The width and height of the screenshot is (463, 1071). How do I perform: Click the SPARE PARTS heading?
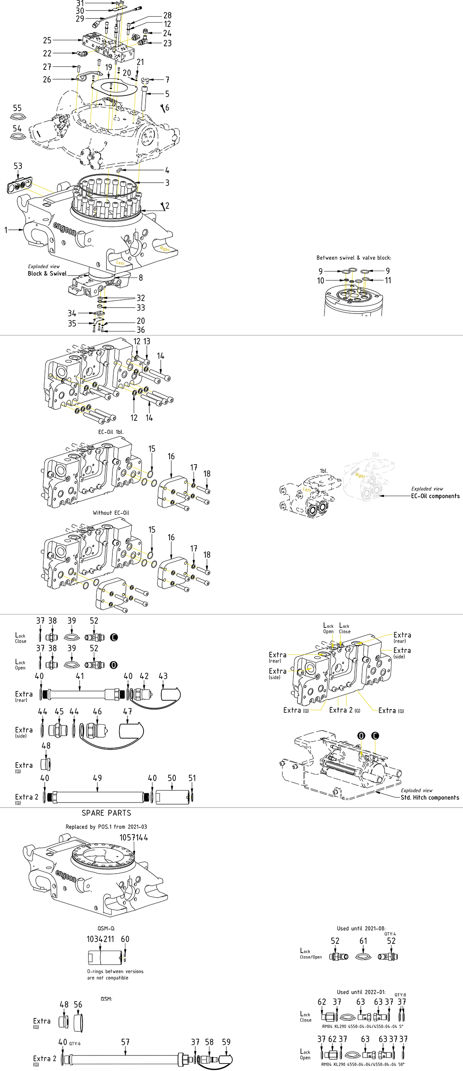[x=106, y=813]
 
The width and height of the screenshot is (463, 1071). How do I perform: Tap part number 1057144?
[x=133, y=837]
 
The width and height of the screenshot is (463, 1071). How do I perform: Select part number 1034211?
[x=100, y=939]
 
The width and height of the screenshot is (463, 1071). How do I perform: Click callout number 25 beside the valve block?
[x=47, y=40]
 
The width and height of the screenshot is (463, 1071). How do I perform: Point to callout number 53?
[x=18, y=166]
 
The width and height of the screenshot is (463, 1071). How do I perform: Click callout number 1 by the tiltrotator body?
[x=6, y=230]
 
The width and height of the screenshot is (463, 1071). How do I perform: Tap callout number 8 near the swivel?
[x=141, y=278]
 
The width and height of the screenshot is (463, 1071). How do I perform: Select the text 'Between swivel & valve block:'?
[x=354, y=258]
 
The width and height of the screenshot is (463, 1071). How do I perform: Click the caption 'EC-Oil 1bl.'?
[x=111, y=432]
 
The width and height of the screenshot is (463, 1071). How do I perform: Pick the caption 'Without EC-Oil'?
[x=111, y=513]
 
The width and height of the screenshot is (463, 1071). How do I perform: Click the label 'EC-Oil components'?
[x=435, y=496]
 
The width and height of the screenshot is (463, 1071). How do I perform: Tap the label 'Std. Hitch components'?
[x=430, y=797]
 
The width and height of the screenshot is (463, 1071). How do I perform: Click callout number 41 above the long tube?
[x=80, y=676]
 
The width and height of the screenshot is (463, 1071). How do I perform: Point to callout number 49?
[x=97, y=778]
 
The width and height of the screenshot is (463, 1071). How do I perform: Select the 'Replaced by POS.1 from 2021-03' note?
[x=106, y=827]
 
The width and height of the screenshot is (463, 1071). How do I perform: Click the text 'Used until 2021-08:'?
[x=361, y=928]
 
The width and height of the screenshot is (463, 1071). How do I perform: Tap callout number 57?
[x=125, y=1042]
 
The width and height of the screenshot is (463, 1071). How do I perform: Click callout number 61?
[x=363, y=941]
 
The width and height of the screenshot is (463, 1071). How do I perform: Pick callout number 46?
[x=97, y=711]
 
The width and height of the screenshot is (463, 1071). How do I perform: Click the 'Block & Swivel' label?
[x=47, y=274]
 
